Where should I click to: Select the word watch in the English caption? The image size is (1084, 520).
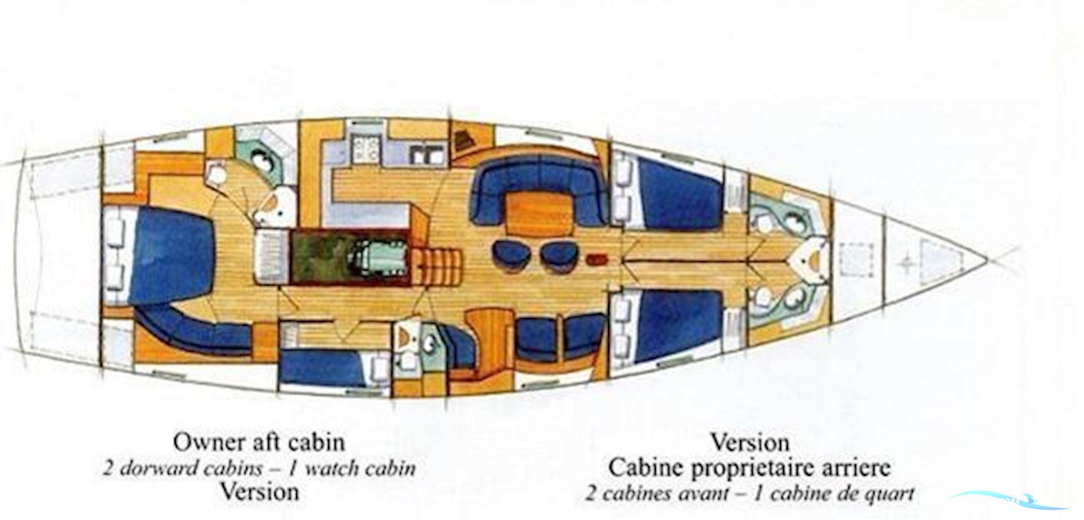[x=329, y=467]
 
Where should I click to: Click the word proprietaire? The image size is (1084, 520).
[x=746, y=467]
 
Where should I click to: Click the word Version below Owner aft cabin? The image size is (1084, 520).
[x=260, y=492]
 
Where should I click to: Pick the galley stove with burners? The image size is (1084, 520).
[x=365, y=147]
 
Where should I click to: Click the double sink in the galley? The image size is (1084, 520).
[x=425, y=153]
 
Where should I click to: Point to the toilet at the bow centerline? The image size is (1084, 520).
[x=811, y=258]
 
